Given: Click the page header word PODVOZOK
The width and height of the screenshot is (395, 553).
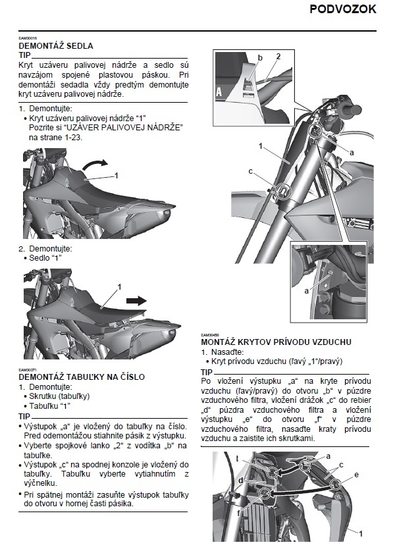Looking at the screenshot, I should coord(342,9).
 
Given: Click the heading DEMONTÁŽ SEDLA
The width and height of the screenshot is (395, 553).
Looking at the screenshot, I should coord(56,46).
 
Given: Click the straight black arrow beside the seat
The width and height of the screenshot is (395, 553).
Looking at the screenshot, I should coord(136,300).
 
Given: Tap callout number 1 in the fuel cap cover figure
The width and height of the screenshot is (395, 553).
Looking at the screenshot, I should coord(116,176).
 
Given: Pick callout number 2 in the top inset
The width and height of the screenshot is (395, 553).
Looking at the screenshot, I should coord(278,57).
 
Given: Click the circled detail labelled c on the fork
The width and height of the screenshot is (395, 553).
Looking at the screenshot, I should coord(282,191).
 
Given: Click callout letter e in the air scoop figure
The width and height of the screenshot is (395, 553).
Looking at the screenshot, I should coord(356,474).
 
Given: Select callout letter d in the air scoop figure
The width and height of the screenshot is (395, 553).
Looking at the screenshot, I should coord(242,480).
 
